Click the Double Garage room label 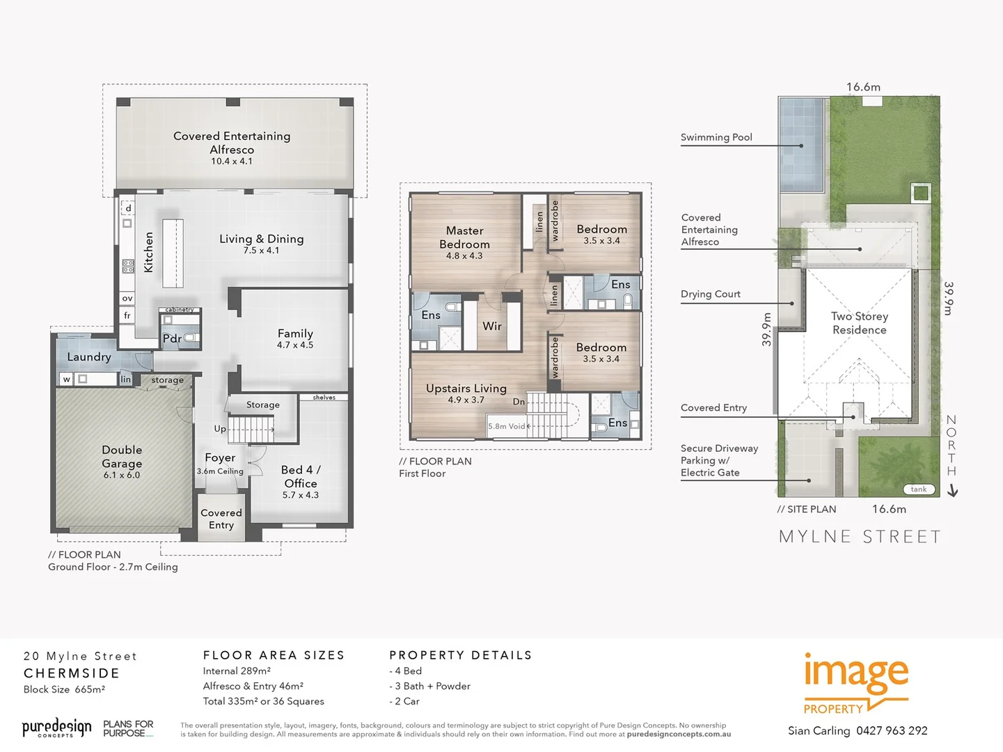[x=122, y=457]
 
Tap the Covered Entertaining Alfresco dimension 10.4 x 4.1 [x=232, y=162]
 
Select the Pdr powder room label [x=172, y=339]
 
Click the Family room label [x=295, y=334]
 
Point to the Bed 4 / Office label [x=301, y=476]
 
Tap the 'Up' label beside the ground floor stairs [x=220, y=429]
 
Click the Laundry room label [x=89, y=357]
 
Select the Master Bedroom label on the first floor [x=464, y=237]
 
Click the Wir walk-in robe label [x=492, y=326]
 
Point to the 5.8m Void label [x=507, y=426]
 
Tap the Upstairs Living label [x=466, y=389]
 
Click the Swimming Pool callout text [x=716, y=137]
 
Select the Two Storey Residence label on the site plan [x=860, y=323]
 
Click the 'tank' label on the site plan [x=919, y=489]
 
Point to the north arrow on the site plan [x=953, y=491]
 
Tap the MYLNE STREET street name [x=860, y=537]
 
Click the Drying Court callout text [x=711, y=294]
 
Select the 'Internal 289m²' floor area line [x=237, y=671]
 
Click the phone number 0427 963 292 [x=892, y=730]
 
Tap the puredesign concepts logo [x=56, y=728]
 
